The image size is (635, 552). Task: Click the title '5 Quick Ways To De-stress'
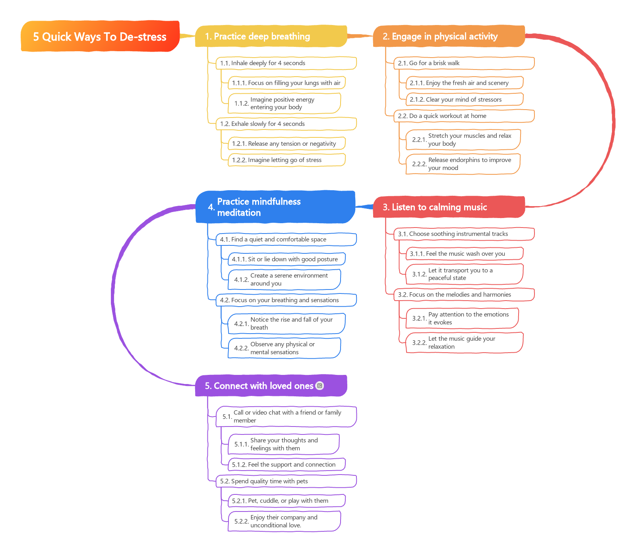coord(100,37)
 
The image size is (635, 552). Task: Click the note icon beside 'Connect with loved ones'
coord(319,386)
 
